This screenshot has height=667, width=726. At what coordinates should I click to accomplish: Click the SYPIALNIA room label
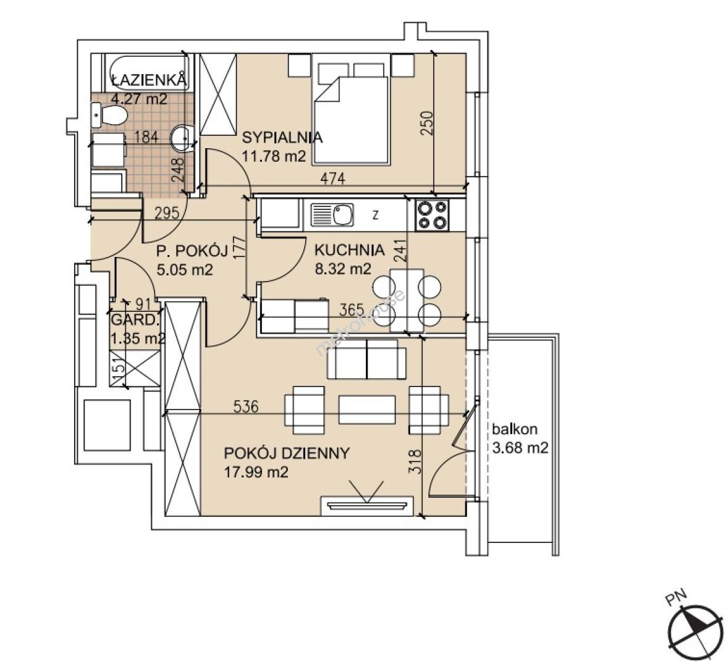[x=282, y=138]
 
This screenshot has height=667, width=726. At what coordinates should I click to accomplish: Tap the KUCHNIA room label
[x=350, y=250]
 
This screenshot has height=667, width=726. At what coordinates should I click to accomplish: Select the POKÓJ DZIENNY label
[x=287, y=453]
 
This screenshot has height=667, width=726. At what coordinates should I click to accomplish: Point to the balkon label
[x=515, y=429]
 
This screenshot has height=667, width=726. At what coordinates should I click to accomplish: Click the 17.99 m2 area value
[x=256, y=472]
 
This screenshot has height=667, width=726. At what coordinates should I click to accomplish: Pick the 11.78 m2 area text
[x=274, y=156]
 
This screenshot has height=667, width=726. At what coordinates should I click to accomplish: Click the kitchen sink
[x=332, y=215]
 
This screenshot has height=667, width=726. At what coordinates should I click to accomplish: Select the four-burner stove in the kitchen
[x=433, y=215]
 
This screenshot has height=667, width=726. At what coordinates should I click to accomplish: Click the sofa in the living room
[x=366, y=359]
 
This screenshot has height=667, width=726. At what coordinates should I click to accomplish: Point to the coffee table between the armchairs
[x=367, y=409]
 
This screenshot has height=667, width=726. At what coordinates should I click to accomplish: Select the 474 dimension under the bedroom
[x=332, y=178]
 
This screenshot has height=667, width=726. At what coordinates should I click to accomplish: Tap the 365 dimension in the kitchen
[x=352, y=309]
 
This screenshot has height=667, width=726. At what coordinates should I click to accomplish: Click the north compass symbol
[x=696, y=632]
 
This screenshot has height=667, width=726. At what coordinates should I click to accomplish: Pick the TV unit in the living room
[x=366, y=505]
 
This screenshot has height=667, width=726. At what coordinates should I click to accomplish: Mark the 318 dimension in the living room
[x=415, y=461]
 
